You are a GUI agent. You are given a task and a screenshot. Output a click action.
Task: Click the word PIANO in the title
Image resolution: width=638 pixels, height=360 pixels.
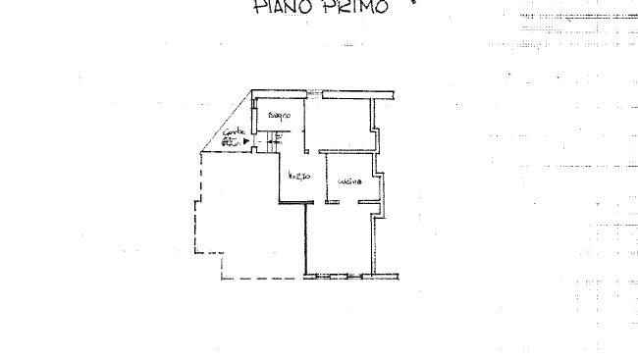click(x=281, y=8)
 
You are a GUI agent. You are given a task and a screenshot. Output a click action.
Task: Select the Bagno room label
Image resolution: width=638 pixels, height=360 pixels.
click(x=281, y=118)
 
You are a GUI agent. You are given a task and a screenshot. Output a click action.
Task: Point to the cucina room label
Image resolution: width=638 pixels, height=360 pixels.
click(x=350, y=182)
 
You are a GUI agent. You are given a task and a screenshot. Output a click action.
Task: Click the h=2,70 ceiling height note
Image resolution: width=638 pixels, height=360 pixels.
click(x=299, y=177)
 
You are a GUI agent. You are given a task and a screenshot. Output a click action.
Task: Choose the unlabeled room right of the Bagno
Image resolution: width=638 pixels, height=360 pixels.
click(x=343, y=123)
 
